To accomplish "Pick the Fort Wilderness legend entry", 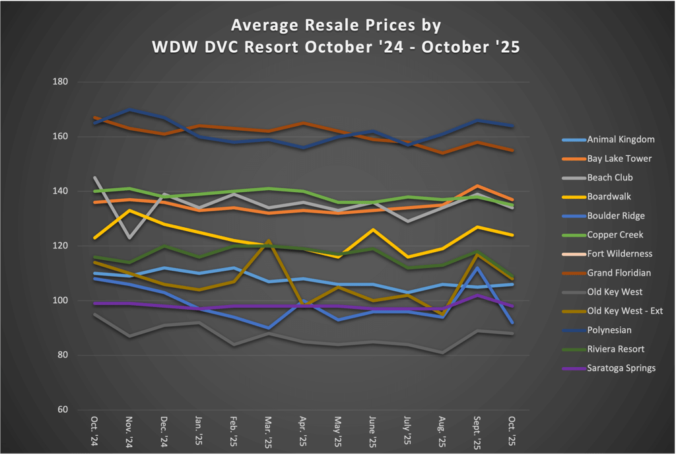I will click(x=619, y=254).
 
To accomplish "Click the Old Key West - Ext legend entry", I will click(x=625, y=311).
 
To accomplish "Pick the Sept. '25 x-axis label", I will click(x=475, y=433).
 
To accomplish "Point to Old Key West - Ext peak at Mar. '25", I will click(x=268, y=241).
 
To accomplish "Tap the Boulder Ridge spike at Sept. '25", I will click(x=476, y=268).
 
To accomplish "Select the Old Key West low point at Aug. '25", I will click(x=442, y=353).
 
